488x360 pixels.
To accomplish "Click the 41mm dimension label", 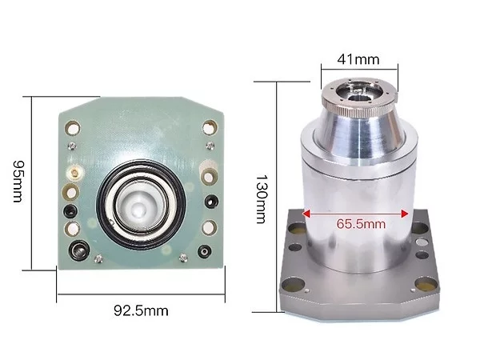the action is click(358, 59).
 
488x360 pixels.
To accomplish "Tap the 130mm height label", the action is click(261, 199).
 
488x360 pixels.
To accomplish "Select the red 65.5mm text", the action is click(361, 224).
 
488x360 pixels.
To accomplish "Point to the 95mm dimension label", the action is click(18, 182).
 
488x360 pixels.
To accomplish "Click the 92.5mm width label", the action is click(141, 311).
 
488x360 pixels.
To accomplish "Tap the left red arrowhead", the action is click(306, 214).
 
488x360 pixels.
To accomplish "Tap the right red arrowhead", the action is click(405, 214).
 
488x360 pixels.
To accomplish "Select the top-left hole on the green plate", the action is click(73, 128).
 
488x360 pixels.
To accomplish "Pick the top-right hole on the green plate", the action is click(210, 127).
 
